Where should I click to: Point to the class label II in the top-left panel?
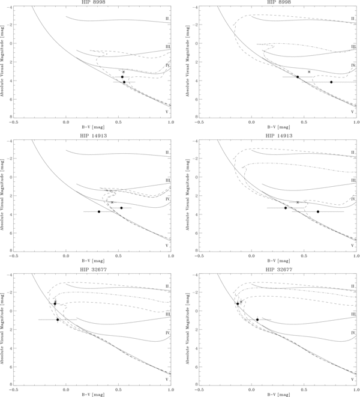pos(167,19)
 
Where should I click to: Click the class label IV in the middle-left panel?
pos(167,199)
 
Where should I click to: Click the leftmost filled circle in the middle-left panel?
pos(99,211)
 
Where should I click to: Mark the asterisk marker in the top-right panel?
pos(309,72)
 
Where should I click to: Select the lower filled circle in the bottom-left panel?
pos(58,320)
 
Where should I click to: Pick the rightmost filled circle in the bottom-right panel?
pos(257,320)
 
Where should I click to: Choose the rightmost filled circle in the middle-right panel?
pos(318,211)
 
